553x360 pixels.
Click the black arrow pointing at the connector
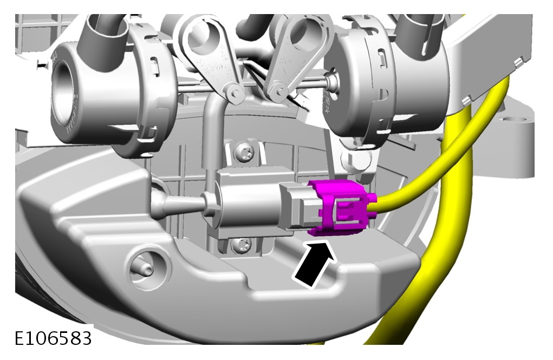pyautogui.click(x=315, y=263)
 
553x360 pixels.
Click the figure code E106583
pyautogui.click(x=53, y=338)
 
